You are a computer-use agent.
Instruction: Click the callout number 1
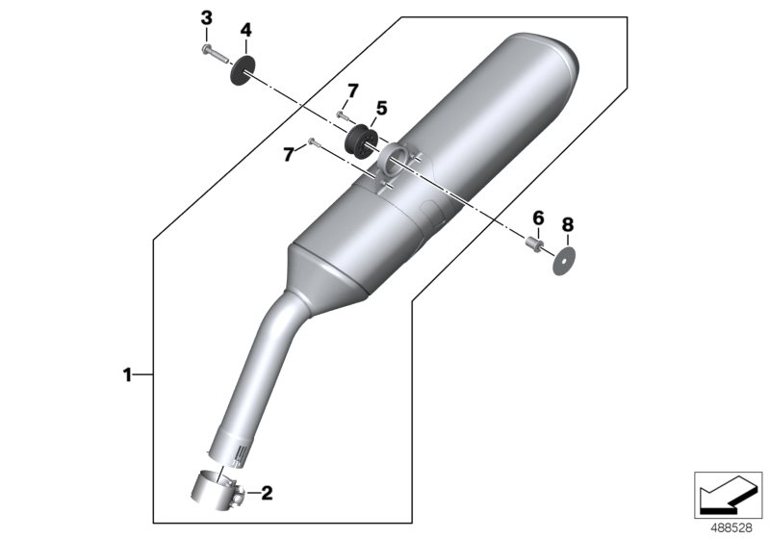(126, 374)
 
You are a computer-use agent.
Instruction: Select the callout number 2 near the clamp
(267, 494)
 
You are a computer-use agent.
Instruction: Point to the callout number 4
(245, 31)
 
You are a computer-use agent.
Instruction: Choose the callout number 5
(381, 109)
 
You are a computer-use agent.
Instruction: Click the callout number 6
(538, 217)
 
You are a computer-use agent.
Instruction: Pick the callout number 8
(567, 224)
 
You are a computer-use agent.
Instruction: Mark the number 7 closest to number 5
(352, 90)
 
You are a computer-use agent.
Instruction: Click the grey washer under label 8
(566, 261)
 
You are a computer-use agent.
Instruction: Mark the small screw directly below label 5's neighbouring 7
(342, 115)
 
